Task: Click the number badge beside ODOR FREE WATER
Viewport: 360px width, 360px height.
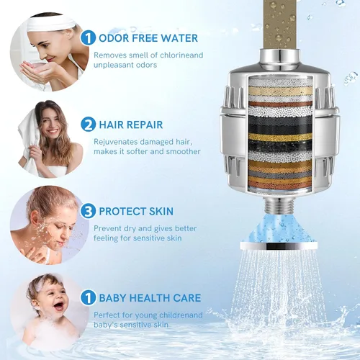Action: [x=89, y=38]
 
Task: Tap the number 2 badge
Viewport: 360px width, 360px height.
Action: [x=89, y=125]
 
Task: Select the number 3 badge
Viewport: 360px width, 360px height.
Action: [x=89, y=211]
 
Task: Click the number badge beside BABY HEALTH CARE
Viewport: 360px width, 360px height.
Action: [x=89, y=297]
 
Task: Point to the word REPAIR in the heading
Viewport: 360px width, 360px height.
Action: [x=145, y=125]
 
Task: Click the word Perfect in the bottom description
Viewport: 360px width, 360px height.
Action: [x=107, y=315]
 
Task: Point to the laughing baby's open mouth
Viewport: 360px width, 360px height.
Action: [x=59, y=307]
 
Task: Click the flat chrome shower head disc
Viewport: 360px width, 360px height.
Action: [x=279, y=246]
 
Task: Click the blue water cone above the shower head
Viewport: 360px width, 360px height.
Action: [x=279, y=228]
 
